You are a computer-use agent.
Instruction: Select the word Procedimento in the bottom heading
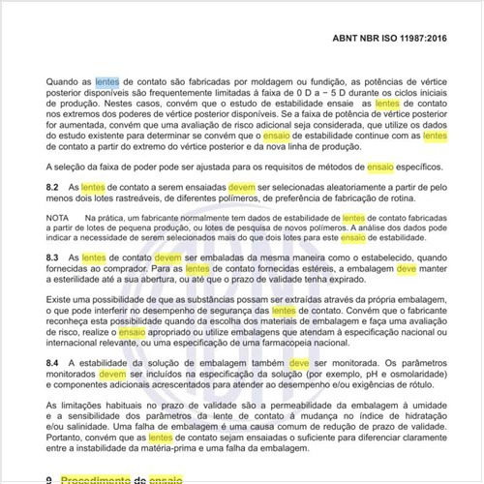pos(101,478)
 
